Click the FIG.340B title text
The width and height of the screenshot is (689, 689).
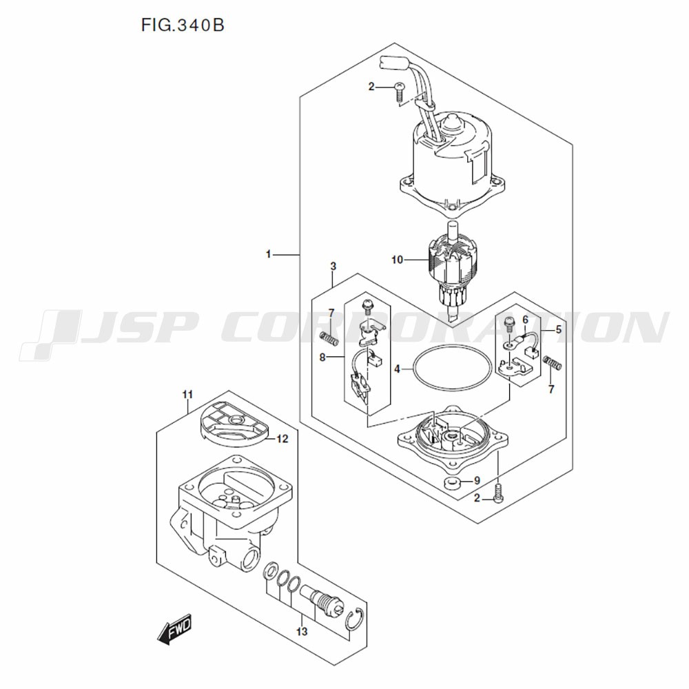tap(183, 26)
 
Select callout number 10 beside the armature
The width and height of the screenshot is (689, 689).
tap(396, 260)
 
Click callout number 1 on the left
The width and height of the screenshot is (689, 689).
tap(269, 255)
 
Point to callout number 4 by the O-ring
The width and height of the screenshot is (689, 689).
tap(398, 369)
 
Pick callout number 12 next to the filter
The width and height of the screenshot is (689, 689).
tap(283, 438)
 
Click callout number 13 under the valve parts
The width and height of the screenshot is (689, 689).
tap(301, 631)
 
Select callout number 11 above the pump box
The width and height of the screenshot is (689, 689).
tap(187, 394)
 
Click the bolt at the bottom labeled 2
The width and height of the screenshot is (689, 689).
tap(500, 493)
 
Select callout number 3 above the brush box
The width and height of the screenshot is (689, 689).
tap(333, 266)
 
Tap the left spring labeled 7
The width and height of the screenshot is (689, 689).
tap(331, 338)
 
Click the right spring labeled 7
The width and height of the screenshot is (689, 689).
tap(553, 362)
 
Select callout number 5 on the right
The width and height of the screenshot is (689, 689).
tap(559, 330)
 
